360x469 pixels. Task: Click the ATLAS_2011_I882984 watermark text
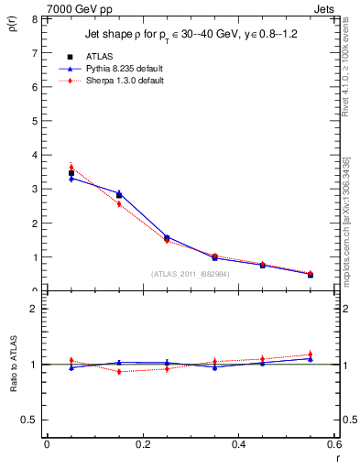point(190,273)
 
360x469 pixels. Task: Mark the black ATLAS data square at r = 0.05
point(71,173)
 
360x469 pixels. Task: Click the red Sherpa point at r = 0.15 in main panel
point(119,203)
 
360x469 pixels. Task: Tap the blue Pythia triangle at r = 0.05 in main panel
point(71,179)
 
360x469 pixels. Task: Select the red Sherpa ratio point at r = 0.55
point(311,354)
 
